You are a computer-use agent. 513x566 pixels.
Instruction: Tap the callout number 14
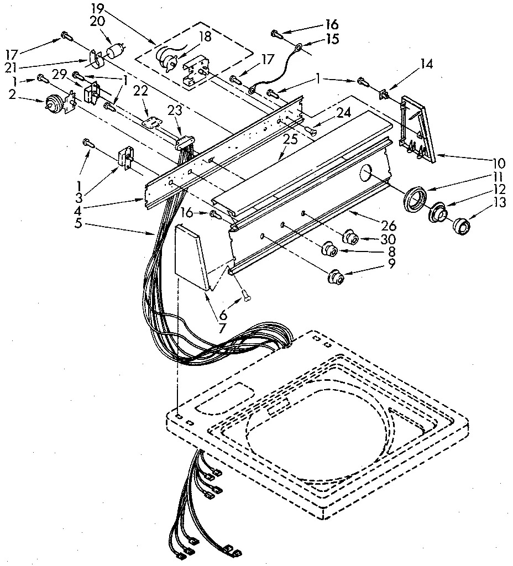[x=426, y=64]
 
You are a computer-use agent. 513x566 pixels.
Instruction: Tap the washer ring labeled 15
[x=297, y=48]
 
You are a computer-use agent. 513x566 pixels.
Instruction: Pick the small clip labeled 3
[x=124, y=159]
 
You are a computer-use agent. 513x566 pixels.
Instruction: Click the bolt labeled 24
[x=311, y=130]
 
